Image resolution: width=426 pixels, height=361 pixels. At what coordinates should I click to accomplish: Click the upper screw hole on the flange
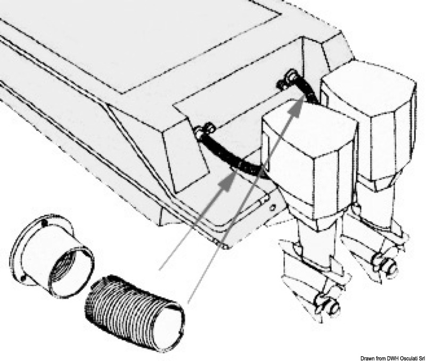tap(45, 223)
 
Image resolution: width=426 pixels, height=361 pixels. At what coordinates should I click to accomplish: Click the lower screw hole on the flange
tap(23, 278)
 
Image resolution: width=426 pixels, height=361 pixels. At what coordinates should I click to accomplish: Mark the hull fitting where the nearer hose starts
tap(204, 130)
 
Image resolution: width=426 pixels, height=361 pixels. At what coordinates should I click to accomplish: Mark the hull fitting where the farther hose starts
tap(286, 79)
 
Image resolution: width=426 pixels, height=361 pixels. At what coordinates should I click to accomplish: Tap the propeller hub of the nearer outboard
tap(329, 303)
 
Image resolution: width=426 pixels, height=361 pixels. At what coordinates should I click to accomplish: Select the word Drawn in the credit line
tap(367, 358)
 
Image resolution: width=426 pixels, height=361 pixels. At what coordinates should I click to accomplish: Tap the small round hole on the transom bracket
tap(273, 208)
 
